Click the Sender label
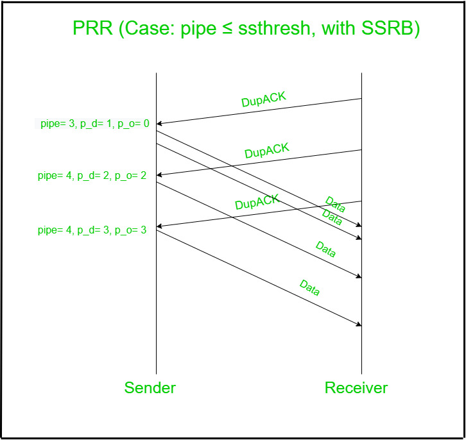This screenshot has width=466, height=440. coord(150,387)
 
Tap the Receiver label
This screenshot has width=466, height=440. coord(356,387)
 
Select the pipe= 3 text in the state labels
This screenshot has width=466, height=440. coord(55,124)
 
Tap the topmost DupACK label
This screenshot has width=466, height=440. coord(263,99)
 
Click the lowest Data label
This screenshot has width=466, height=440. coord(309,288)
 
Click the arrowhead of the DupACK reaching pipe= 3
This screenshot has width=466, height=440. coord(159,123)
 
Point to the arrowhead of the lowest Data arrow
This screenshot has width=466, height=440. coord(360,325)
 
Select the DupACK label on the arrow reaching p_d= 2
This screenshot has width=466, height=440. coord(267,151)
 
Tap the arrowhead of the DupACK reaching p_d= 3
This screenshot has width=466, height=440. coord(159,226)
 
